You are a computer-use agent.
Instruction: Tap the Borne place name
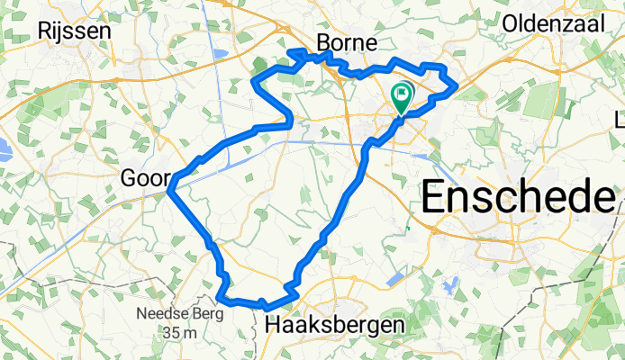[x=347, y=43]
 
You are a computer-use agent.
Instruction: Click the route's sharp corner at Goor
[x=168, y=190]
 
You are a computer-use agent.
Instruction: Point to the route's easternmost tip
[x=457, y=86]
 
